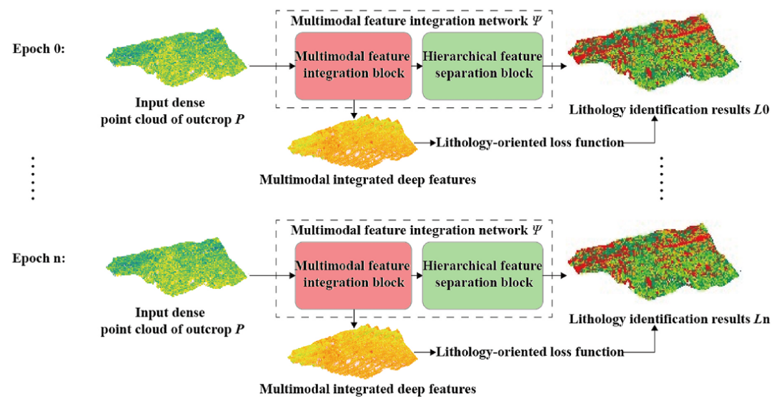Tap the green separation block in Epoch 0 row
click(x=482, y=65)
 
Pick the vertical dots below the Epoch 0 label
click(x=34, y=177)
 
